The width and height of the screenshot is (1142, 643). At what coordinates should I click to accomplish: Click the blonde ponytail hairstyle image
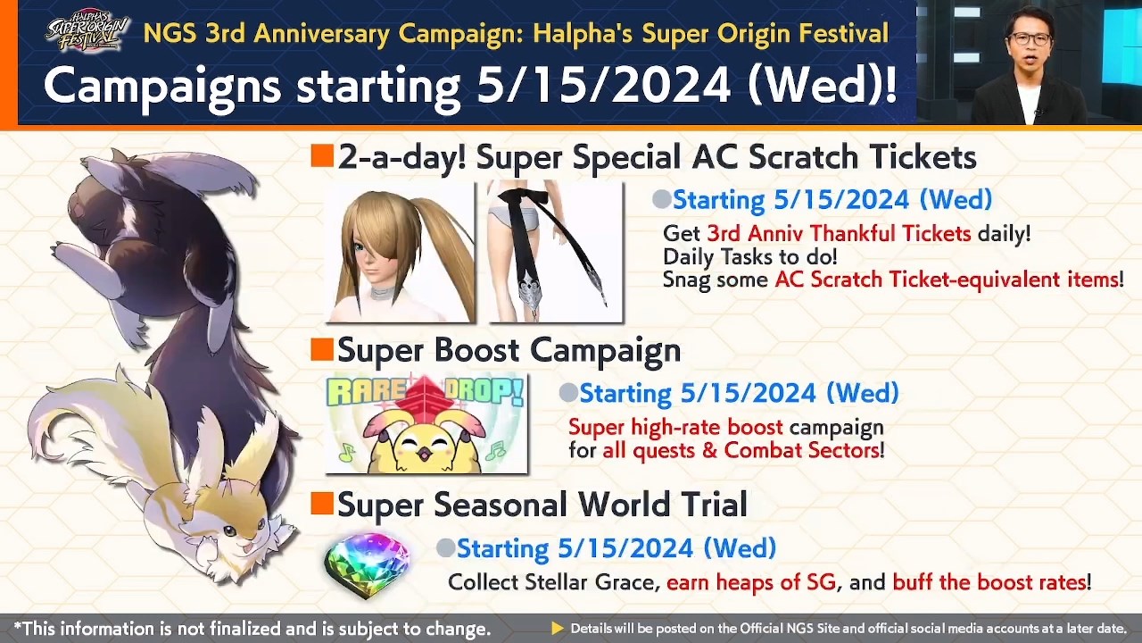pos(400,252)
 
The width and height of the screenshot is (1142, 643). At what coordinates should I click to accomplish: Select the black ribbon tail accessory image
pos(555,252)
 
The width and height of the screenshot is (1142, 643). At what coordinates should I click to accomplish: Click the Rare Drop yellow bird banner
pos(426,423)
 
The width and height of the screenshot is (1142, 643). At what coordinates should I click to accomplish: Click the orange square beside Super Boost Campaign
pos(321,350)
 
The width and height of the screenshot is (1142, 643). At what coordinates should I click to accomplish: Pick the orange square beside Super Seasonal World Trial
pos(321,505)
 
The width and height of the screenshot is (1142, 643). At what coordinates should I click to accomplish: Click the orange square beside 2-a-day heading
pos(321,157)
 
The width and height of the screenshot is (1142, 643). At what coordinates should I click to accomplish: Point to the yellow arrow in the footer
pos(558,629)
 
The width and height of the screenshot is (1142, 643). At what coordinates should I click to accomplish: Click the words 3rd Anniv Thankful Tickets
pos(838,234)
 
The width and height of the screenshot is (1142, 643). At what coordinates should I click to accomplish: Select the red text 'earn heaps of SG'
pos(751,582)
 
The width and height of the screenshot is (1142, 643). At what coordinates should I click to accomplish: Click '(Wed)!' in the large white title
pos(822,85)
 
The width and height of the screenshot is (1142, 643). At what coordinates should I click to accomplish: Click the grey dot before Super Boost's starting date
pos(567,393)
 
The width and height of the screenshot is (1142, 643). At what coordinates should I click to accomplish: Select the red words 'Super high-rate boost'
pos(675,427)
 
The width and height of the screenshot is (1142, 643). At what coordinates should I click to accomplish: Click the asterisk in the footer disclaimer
pos(18,628)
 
